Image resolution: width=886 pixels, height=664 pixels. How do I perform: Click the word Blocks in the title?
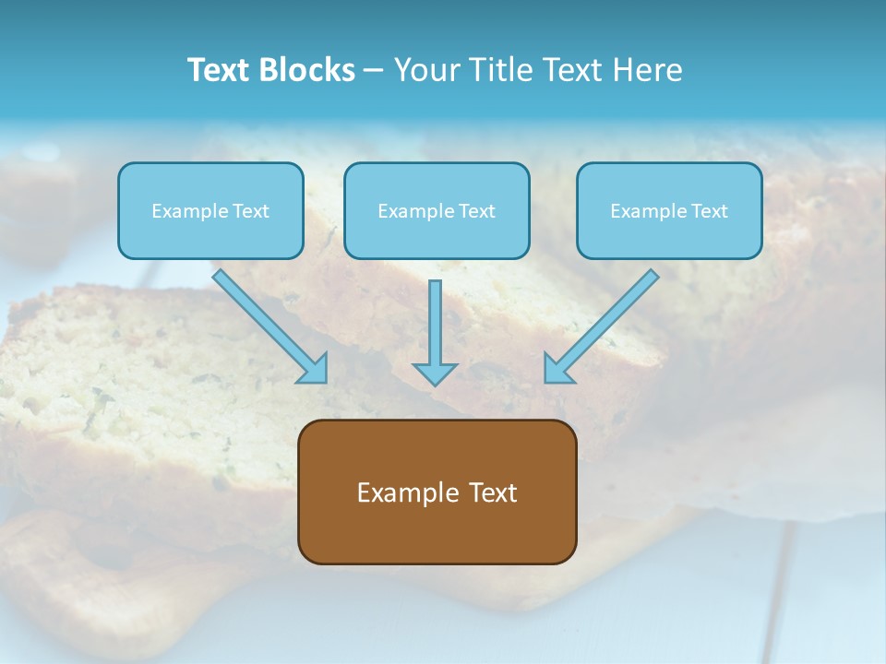(307, 70)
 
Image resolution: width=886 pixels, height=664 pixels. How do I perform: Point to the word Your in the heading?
(426, 70)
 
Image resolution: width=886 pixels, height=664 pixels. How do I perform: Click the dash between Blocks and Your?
(374, 70)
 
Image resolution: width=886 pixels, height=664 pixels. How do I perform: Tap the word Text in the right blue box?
(710, 211)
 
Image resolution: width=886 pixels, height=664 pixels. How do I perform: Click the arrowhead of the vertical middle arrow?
(435, 373)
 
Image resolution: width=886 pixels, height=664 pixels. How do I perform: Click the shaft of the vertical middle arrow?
(435, 323)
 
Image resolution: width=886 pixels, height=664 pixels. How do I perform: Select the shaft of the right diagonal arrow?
(614, 314)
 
